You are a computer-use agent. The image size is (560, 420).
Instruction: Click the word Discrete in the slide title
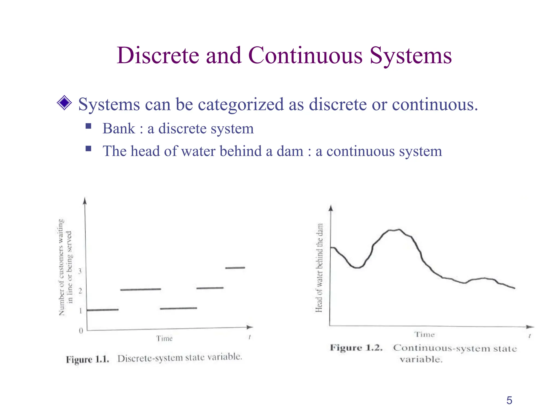pyautogui.click(x=158, y=56)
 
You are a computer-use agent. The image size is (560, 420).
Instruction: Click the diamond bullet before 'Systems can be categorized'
pyautogui.click(x=64, y=103)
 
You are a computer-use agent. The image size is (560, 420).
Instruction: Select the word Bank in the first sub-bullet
pyautogui.click(x=119, y=129)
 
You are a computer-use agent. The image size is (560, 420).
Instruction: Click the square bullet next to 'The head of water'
pyautogui.click(x=88, y=148)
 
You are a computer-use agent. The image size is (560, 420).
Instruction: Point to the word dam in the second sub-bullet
pyautogui.click(x=290, y=151)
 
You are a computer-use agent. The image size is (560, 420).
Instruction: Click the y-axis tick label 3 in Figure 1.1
pyautogui.click(x=80, y=271)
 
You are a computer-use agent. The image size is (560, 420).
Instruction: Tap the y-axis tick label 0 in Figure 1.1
pyautogui.click(x=81, y=331)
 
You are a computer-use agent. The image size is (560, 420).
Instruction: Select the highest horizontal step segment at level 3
pyautogui.click(x=235, y=268)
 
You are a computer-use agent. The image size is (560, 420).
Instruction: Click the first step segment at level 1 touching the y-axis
pyautogui.click(x=103, y=310)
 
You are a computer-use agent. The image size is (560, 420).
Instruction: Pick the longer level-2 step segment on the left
pyautogui.click(x=141, y=289)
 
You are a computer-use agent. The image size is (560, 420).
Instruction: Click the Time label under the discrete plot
pyautogui.click(x=164, y=339)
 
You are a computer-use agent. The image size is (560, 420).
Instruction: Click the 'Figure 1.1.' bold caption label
pyautogui.click(x=87, y=359)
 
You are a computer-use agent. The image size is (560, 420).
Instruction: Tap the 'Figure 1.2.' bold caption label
pyautogui.click(x=356, y=348)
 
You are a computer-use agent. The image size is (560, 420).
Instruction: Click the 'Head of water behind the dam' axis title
pyautogui.click(x=319, y=268)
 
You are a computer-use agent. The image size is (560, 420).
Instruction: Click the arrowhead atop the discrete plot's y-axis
pyautogui.click(x=85, y=201)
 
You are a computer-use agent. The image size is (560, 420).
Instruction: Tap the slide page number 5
pyautogui.click(x=509, y=400)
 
